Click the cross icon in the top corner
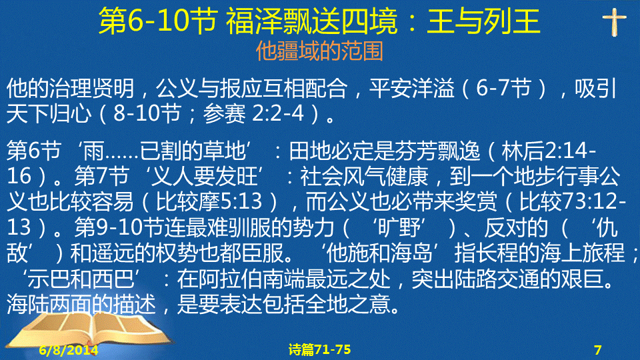614,23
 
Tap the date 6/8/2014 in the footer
69,350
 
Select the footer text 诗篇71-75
319,350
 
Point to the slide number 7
597,350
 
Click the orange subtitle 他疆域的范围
319,51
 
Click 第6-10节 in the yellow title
157,21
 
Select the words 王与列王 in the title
483,21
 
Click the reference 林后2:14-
548,151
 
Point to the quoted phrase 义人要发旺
204,176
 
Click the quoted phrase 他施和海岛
379,253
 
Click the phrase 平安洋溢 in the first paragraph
412,88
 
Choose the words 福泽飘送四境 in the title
311,21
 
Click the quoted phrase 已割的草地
193,151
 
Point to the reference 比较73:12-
572,201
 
